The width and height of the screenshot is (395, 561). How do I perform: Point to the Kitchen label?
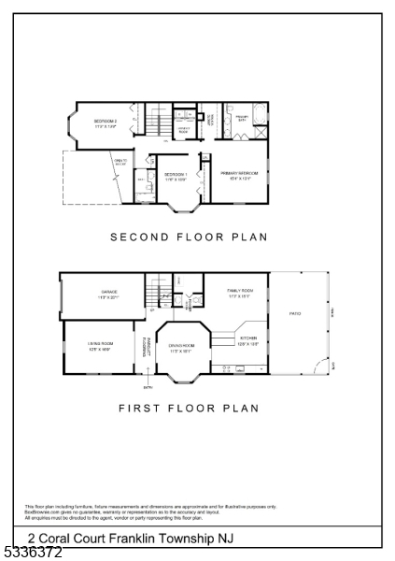point(248,340)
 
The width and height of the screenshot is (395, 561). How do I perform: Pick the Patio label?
point(295,312)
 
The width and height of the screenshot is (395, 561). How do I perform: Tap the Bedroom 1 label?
point(176,176)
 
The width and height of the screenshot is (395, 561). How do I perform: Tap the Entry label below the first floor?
point(147,386)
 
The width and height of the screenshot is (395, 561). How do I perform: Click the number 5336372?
point(32,553)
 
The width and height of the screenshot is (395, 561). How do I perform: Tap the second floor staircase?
point(160,122)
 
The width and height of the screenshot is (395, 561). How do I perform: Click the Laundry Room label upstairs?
point(184,131)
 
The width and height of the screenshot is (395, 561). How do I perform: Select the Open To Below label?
point(121,162)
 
